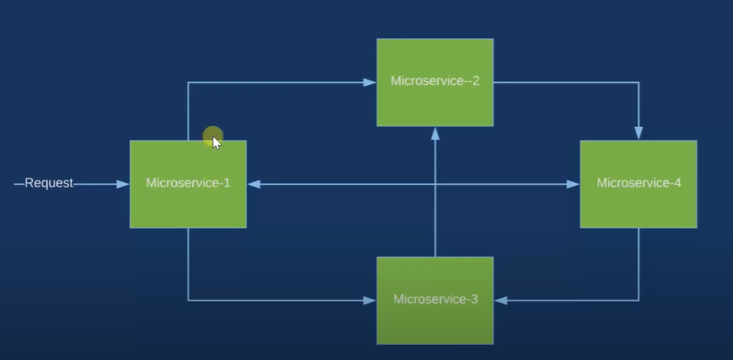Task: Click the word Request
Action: [49, 183]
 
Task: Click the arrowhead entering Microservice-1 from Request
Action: [123, 184]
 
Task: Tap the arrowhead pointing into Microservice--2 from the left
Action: [370, 82]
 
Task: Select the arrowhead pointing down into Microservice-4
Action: [638, 133]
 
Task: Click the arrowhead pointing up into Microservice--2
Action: [435, 133]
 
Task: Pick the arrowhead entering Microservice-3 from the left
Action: [370, 300]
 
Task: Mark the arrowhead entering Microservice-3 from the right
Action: [500, 300]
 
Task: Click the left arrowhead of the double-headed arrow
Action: [254, 184]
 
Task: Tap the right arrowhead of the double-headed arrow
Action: [573, 184]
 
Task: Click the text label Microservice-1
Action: [188, 183]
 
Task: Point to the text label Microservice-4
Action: [638, 183]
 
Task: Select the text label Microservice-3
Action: [435, 299]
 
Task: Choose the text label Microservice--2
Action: [435, 81]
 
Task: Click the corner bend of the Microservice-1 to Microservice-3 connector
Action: [188, 300]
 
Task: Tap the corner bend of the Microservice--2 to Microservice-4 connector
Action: [638, 82]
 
